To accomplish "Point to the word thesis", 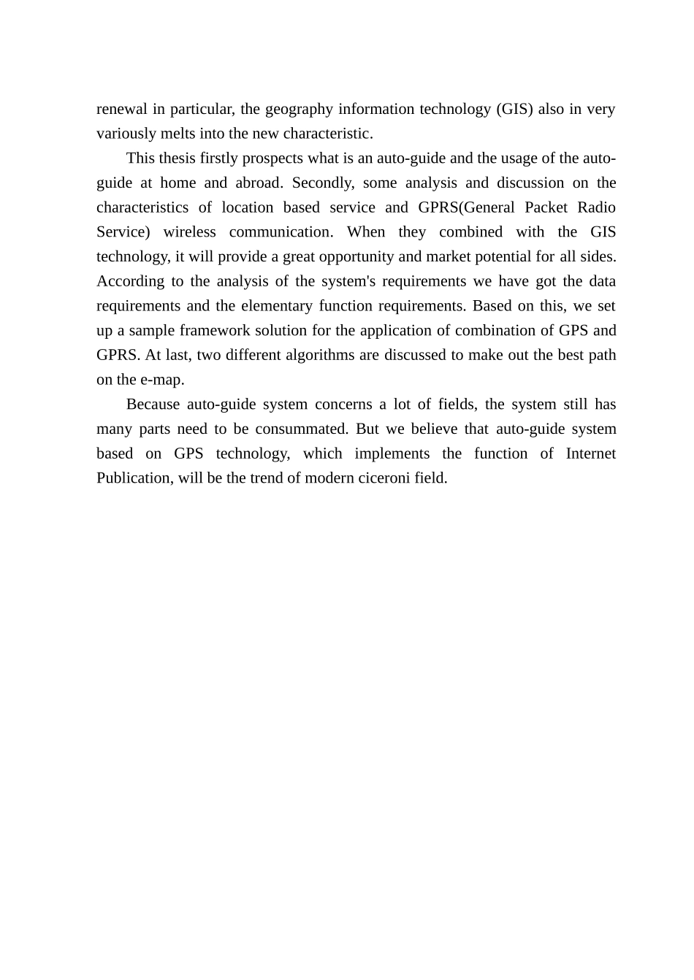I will click(178, 158).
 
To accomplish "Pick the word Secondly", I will click(321, 183).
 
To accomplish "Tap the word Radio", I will click(596, 207).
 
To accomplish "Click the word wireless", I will click(189, 232).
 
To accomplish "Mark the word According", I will click(131, 282).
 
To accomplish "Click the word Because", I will click(153, 405).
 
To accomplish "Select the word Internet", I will click(590, 453).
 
